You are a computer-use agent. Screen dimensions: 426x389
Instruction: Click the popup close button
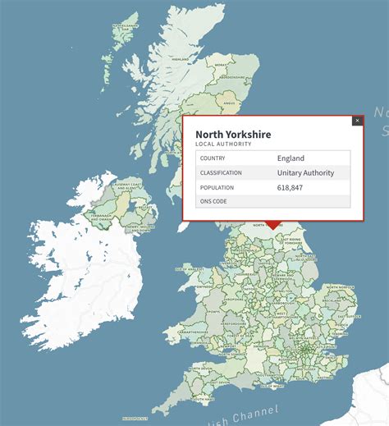point(357,121)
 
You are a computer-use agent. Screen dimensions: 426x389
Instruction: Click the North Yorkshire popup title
point(233,134)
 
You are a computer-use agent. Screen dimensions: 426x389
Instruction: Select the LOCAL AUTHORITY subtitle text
point(222,144)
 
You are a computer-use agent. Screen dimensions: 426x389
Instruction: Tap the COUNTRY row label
point(212,158)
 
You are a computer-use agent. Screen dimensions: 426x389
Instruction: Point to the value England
point(291,158)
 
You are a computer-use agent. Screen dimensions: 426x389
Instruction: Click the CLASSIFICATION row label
point(221,173)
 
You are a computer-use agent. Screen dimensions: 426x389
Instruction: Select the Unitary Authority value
point(305,173)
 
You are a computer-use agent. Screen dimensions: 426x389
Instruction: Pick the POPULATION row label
point(217,188)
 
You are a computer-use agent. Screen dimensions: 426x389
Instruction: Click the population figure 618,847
point(295,188)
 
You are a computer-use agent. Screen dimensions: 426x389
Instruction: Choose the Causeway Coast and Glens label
point(134,186)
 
